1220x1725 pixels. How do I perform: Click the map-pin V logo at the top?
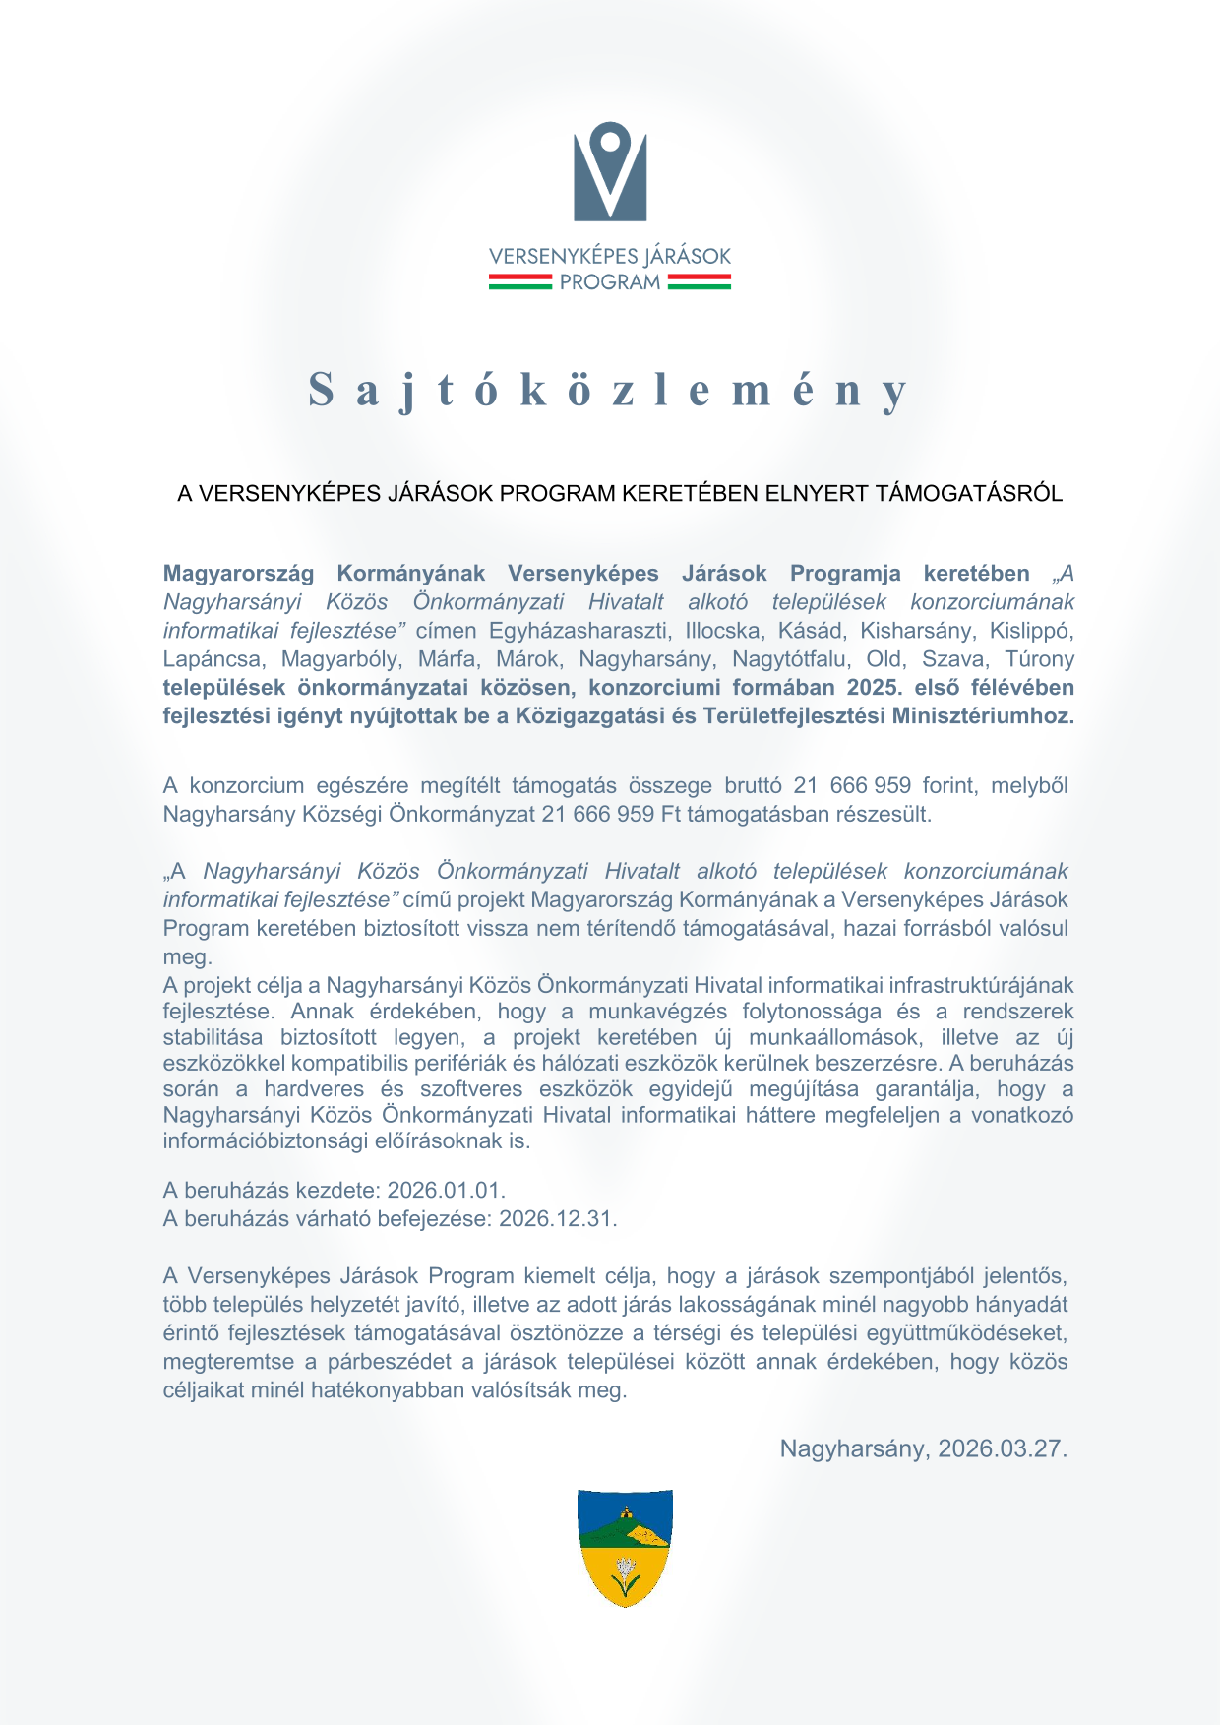coord(610,171)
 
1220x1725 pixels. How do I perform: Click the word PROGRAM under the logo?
coord(610,282)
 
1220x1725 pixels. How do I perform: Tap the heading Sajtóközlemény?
coord(609,390)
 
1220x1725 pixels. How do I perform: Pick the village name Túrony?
coord(1040,658)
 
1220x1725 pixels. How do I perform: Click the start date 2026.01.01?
coord(446,1190)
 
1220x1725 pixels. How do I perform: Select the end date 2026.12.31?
coord(558,1218)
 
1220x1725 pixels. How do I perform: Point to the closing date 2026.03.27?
coord(1003,1448)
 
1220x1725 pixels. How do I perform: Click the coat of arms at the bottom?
coord(625,1548)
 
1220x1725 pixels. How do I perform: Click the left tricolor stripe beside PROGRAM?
coord(519,282)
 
